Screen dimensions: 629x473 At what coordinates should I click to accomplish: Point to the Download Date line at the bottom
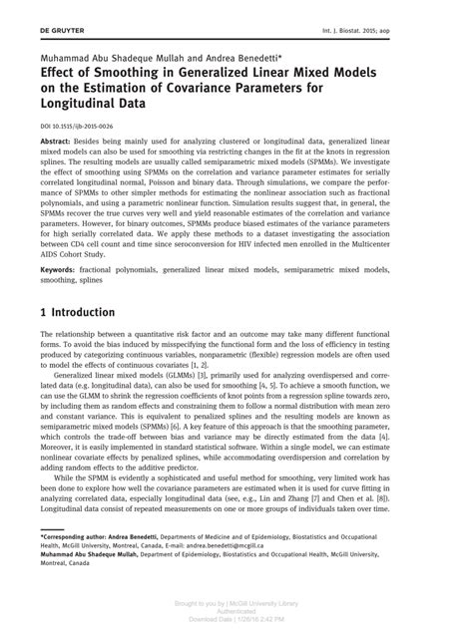pyautogui.click(x=236, y=618)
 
